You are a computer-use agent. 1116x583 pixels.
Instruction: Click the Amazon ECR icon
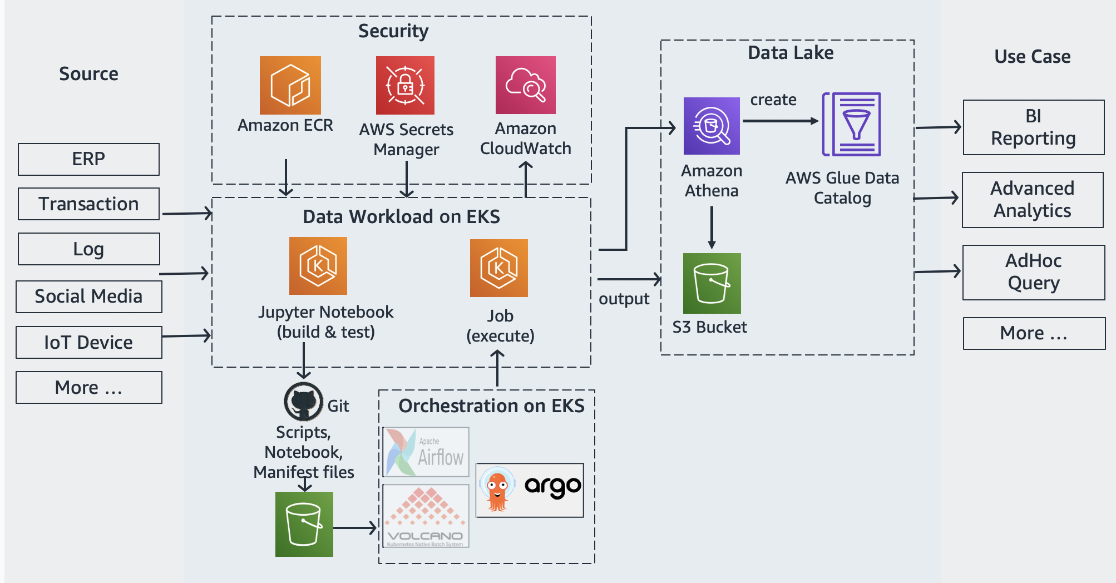click(290, 85)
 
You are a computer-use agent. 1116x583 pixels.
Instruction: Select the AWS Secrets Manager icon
click(405, 85)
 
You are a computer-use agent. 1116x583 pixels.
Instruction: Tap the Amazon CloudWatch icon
click(526, 85)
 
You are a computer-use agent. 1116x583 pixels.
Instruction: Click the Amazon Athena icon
click(712, 126)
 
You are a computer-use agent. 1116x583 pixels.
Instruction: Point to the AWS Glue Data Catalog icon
click(852, 124)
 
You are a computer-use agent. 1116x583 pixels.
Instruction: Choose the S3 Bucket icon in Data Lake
click(712, 283)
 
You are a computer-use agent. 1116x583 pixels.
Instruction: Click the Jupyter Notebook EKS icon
click(318, 266)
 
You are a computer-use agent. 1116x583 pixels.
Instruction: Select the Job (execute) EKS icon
click(499, 268)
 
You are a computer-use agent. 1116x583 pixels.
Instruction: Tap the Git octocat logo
click(304, 402)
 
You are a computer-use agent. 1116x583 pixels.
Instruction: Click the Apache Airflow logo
click(426, 452)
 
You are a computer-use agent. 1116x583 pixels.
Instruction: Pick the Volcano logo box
click(426, 516)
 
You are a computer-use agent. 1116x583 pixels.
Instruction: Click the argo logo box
click(530, 490)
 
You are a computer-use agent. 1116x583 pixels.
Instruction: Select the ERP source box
click(88, 159)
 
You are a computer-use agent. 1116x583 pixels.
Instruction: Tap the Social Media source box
click(89, 297)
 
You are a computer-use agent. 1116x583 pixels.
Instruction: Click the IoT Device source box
click(89, 342)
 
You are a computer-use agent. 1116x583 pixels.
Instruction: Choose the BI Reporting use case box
click(1034, 127)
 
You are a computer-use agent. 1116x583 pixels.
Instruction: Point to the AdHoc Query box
click(1034, 273)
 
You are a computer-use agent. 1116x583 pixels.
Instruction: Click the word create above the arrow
click(773, 100)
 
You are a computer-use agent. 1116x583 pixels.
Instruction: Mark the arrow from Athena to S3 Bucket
click(712, 228)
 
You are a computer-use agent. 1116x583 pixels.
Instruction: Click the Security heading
click(393, 31)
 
